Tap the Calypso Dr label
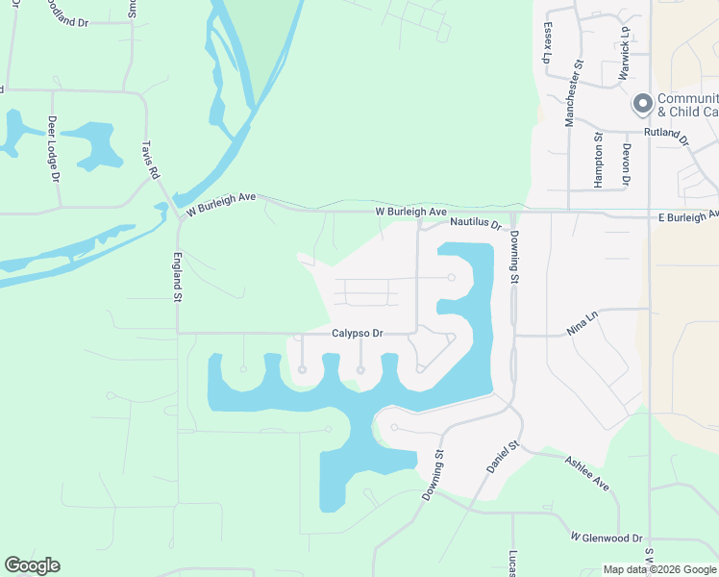click(x=358, y=334)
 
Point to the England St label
click(x=177, y=277)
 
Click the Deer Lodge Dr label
click(x=53, y=148)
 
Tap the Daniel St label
click(x=501, y=456)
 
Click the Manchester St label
click(x=574, y=93)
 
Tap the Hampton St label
click(x=597, y=159)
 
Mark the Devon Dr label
click(x=626, y=164)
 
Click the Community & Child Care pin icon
click(x=642, y=103)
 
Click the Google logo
click(x=32, y=565)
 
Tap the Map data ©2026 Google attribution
click(x=658, y=569)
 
